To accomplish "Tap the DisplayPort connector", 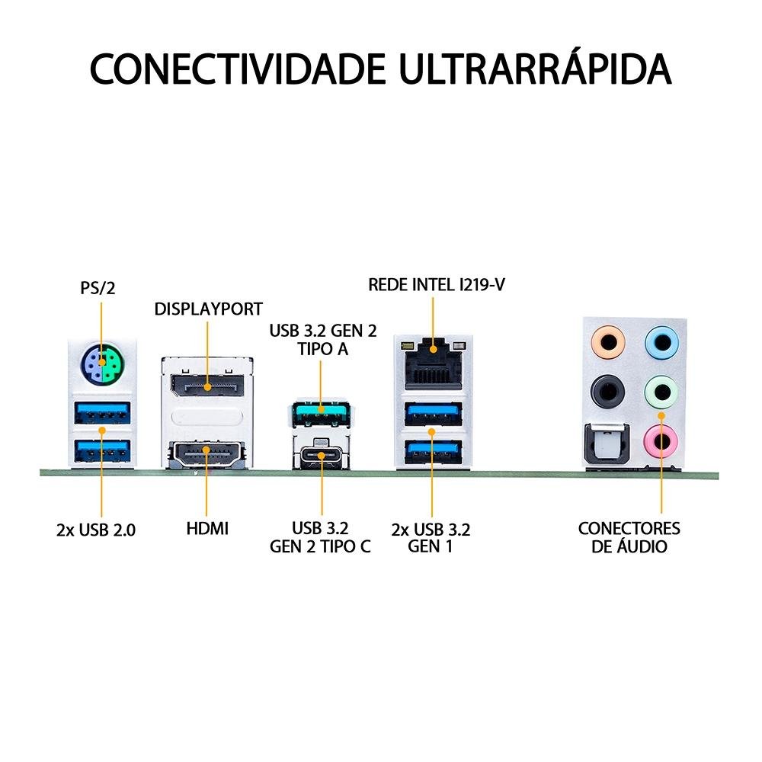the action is click(x=207, y=386).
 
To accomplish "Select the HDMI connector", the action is click(x=207, y=453).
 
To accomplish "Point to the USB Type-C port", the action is click(x=322, y=456).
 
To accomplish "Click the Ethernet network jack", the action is click(x=433, y=363).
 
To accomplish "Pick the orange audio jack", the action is click(x=607, y=343).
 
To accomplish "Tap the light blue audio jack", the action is click(x=661, y=343).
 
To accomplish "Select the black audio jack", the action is click(x=607, y=390).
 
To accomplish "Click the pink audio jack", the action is click(x=661, y=440).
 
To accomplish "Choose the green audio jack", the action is click(x=661, y=391).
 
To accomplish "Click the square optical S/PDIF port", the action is click(x=607, y=443).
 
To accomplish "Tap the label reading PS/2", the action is click(x=98, y=288).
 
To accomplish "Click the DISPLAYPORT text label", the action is click(x=209, y=309).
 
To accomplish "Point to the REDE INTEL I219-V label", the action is click(x=437, y=284).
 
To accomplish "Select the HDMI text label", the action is click(x=207, y=528).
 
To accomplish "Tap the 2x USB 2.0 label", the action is click(x=96, y=530).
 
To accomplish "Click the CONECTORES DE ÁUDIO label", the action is click(x=629, y=536).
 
